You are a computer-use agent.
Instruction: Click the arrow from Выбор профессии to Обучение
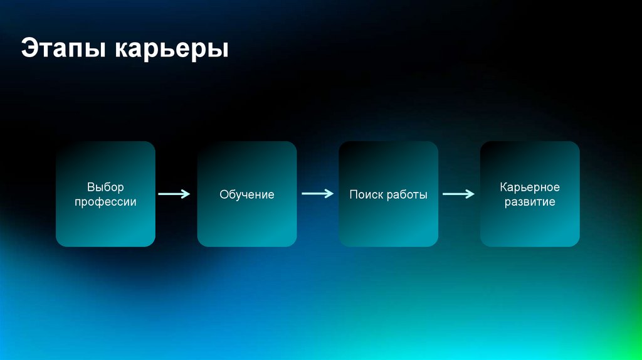174,194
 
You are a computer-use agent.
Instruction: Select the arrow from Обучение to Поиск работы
317,194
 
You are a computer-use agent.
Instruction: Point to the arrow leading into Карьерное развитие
458,194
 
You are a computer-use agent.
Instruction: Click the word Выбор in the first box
105,187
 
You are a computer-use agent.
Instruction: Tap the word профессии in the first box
105,202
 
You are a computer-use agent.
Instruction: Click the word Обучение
247,194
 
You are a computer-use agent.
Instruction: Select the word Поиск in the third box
366,194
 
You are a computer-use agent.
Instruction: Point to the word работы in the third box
407,194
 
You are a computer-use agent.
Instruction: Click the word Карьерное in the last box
530,187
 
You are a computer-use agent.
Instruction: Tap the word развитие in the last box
530,202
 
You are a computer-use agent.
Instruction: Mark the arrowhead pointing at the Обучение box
186,194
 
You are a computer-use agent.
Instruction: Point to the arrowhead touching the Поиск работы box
329,194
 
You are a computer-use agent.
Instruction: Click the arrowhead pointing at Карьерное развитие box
470,194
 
